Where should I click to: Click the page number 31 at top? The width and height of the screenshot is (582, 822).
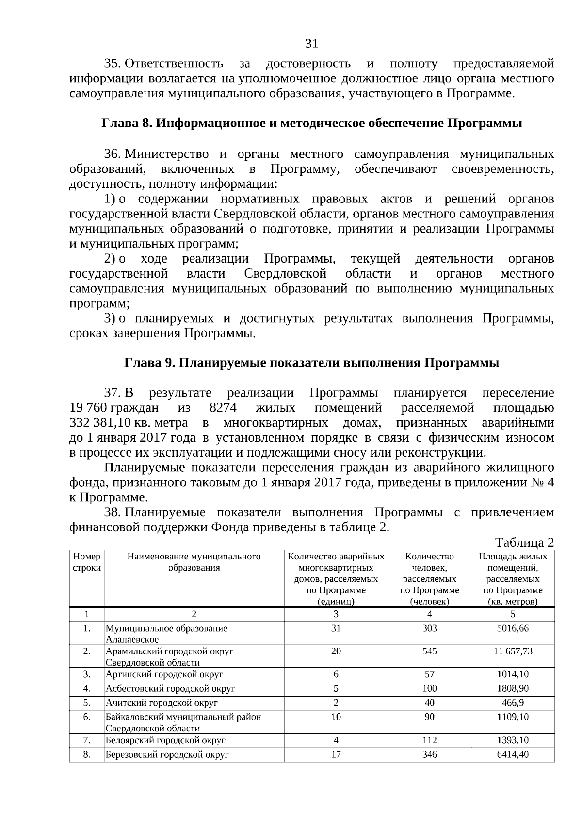[x=311, y=44]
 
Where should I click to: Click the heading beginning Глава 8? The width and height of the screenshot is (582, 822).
[x=311, y=124]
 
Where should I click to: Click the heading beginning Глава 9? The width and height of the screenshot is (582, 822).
[x=311, y=363]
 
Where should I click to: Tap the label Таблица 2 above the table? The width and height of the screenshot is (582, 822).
[x=524, y=542]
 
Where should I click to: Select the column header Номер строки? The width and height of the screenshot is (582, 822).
[x=87, y=562]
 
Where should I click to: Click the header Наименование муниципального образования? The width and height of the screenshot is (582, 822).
[x=194, y=562]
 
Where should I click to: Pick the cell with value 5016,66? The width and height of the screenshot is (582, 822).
[x=513, y=628]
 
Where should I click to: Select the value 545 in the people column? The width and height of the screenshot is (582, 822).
[x=429, y=651]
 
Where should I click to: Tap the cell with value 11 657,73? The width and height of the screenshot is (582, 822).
[x=513, y=651]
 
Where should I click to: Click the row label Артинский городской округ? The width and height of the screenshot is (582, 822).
[x=164, y=674]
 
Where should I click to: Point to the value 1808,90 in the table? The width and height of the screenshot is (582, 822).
[x=513, y=688]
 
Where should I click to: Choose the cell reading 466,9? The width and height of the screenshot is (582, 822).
[x=513, y=702]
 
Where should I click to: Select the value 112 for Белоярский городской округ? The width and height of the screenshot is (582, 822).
[x=429, y=740]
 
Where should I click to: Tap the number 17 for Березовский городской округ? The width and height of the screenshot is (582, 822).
[x=336, y=754]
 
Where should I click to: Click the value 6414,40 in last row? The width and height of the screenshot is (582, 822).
[x=513, y=754]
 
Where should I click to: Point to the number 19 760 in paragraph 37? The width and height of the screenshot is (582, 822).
[x=88, y=408]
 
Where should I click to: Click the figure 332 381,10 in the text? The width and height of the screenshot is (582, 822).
[x=100, y=423]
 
